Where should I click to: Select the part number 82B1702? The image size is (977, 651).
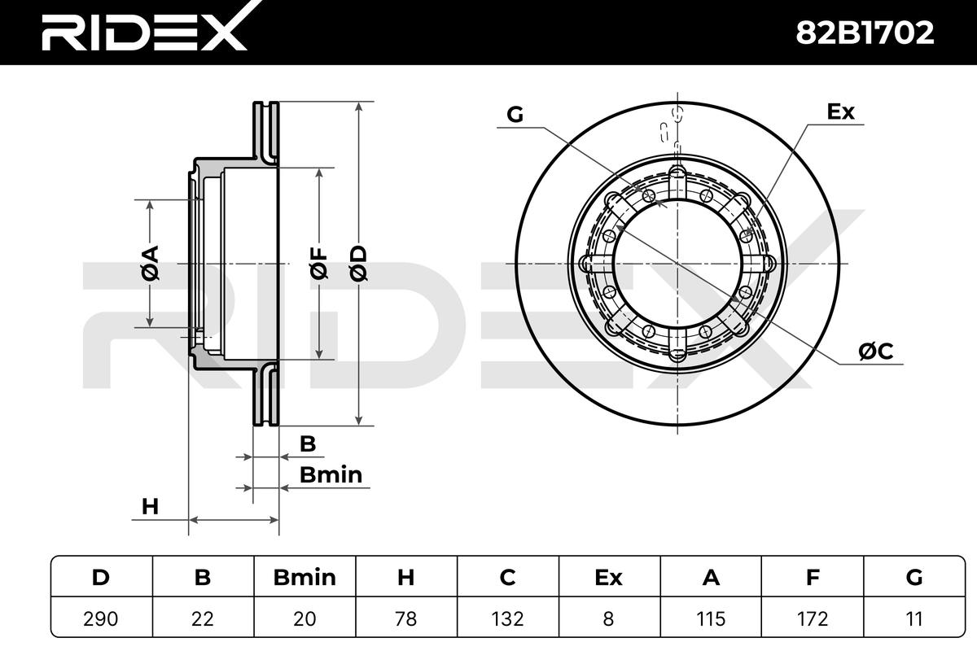(x=865, y=33)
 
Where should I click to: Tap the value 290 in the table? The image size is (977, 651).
(x=101, y=618)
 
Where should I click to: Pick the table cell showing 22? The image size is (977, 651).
(x=203, y=618)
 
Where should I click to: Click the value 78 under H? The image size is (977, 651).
(x=405, y=618)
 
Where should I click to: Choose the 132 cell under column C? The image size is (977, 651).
(x=507, y=618)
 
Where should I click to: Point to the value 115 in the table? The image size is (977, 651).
(x=711, y=618)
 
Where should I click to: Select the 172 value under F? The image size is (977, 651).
(x=813, y=618)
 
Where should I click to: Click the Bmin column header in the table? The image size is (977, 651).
(x=304, y=578)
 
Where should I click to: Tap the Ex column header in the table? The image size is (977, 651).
(x=608, y=578)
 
